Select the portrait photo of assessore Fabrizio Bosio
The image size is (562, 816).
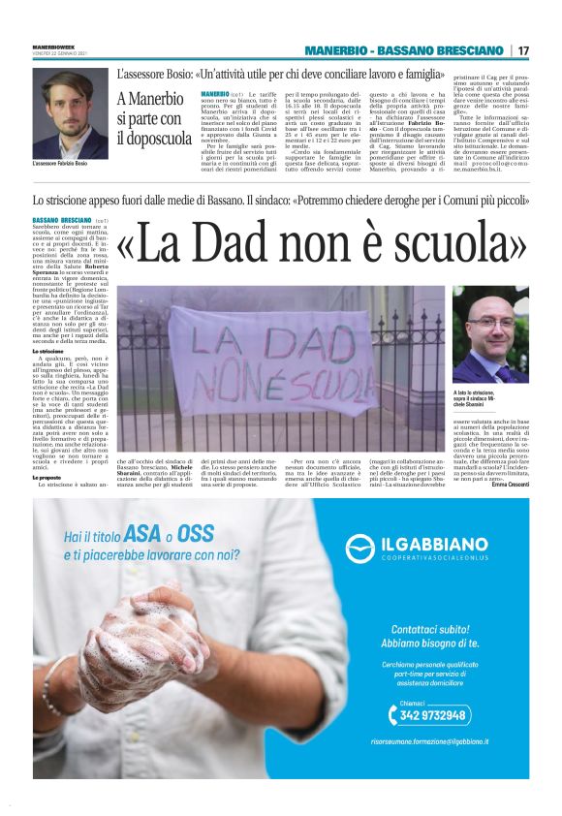pyautogui.click(x=70, y=115)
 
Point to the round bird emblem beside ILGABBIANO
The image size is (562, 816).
pyautogui.click(x=359, y=549)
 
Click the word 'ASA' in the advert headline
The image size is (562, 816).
pyautogui.click(x=142, y=536)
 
